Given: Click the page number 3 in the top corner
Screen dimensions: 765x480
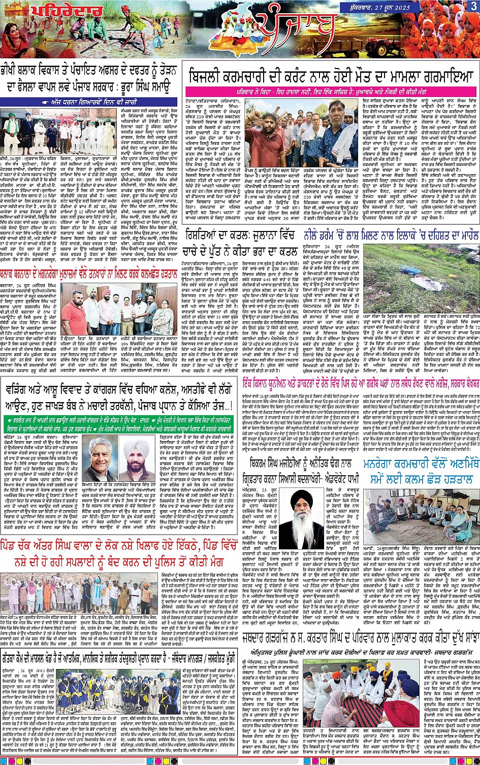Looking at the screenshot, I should pos(473,6).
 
